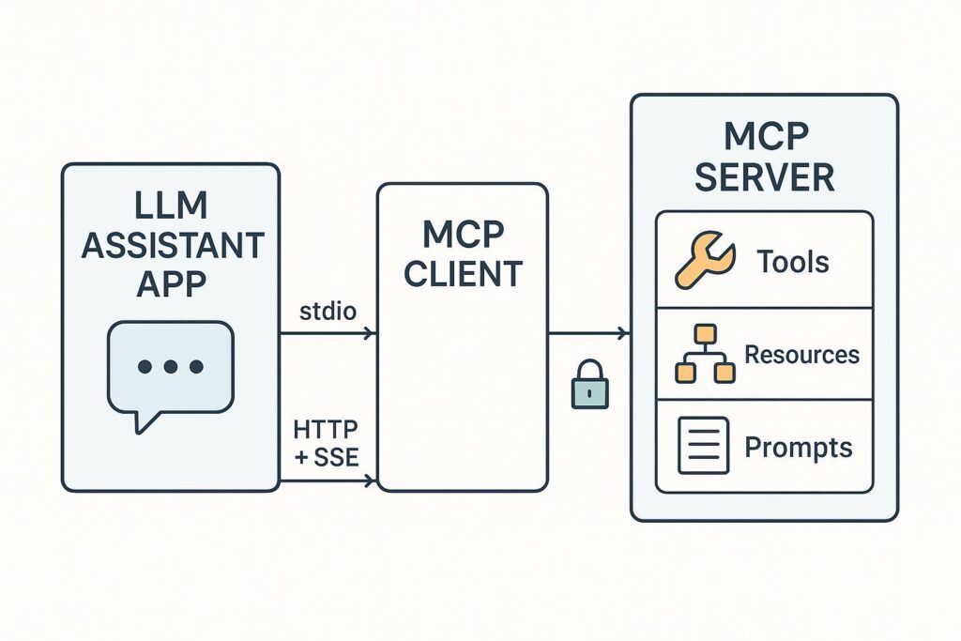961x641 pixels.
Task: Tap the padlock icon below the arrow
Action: point(590,386)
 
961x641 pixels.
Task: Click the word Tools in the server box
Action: point(794,261)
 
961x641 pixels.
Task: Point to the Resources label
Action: point(801,355)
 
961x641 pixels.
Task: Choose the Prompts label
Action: point(799,447)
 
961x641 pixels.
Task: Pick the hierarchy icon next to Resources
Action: point(703,354)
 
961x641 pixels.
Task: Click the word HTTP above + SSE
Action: point(327,430)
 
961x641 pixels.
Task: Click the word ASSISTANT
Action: point(172,246)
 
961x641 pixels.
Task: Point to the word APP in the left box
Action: point(170,284)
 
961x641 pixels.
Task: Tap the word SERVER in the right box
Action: point(764,176)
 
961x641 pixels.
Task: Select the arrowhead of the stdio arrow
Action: point(371,333)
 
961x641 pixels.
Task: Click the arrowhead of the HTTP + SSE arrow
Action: point(371,481)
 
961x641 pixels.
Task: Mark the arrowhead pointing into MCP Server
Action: point(624,333)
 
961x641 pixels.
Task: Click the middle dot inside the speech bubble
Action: point(170,367)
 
